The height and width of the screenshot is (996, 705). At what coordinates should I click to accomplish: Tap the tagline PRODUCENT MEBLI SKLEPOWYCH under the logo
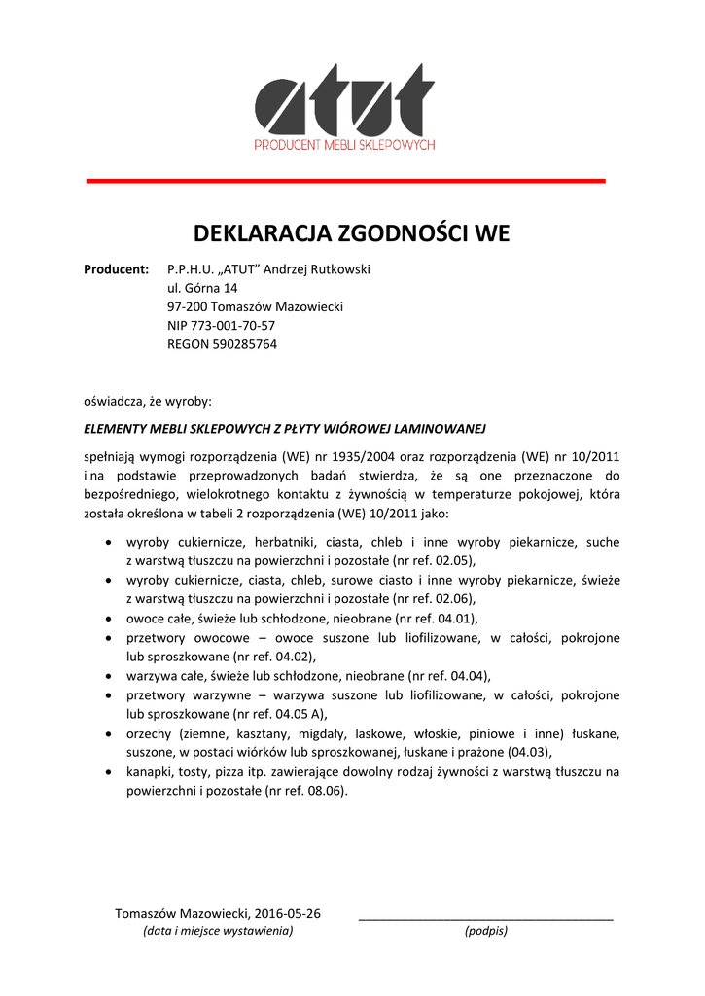[344, 145]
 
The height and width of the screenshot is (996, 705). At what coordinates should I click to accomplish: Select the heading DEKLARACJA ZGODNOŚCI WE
[351, 233]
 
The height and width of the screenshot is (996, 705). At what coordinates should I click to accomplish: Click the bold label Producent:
[117, 269]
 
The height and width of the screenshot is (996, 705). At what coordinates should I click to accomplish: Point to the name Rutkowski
[337, 269]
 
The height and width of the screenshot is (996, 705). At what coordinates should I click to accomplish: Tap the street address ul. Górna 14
[202, 288]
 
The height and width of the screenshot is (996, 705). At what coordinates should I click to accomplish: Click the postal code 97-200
[187, 306]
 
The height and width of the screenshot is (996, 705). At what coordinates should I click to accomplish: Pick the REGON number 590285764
[244, 343]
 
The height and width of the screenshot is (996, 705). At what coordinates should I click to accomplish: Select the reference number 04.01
[454, 618]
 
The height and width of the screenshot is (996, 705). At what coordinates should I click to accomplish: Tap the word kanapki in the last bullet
[149, 771]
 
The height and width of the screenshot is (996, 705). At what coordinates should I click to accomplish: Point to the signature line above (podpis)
[486, 919]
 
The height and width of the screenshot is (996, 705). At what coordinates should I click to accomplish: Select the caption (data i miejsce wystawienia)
[218, 931]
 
